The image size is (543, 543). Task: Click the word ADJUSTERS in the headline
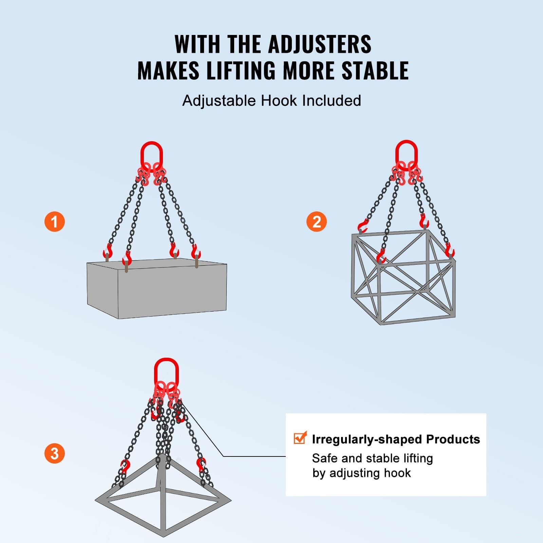click(319, 44)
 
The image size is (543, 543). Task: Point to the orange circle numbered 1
click(55, 222)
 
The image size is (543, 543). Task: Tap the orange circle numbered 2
click(316, 222)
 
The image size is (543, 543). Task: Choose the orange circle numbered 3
click(55, 453)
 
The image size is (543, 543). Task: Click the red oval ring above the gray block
click(151, 155)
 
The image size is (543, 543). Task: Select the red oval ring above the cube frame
click(406, 153)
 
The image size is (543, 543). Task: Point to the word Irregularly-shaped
click(367, 439)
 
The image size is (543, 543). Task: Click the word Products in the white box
click(453, 439)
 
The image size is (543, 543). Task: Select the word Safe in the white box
click(325, 458)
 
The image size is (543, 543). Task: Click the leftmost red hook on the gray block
click(108, 251)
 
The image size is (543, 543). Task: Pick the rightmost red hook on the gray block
click(195, 252)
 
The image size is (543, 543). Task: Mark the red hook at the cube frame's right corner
click(450, 251)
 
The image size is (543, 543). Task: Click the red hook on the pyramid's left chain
click(125, 466)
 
